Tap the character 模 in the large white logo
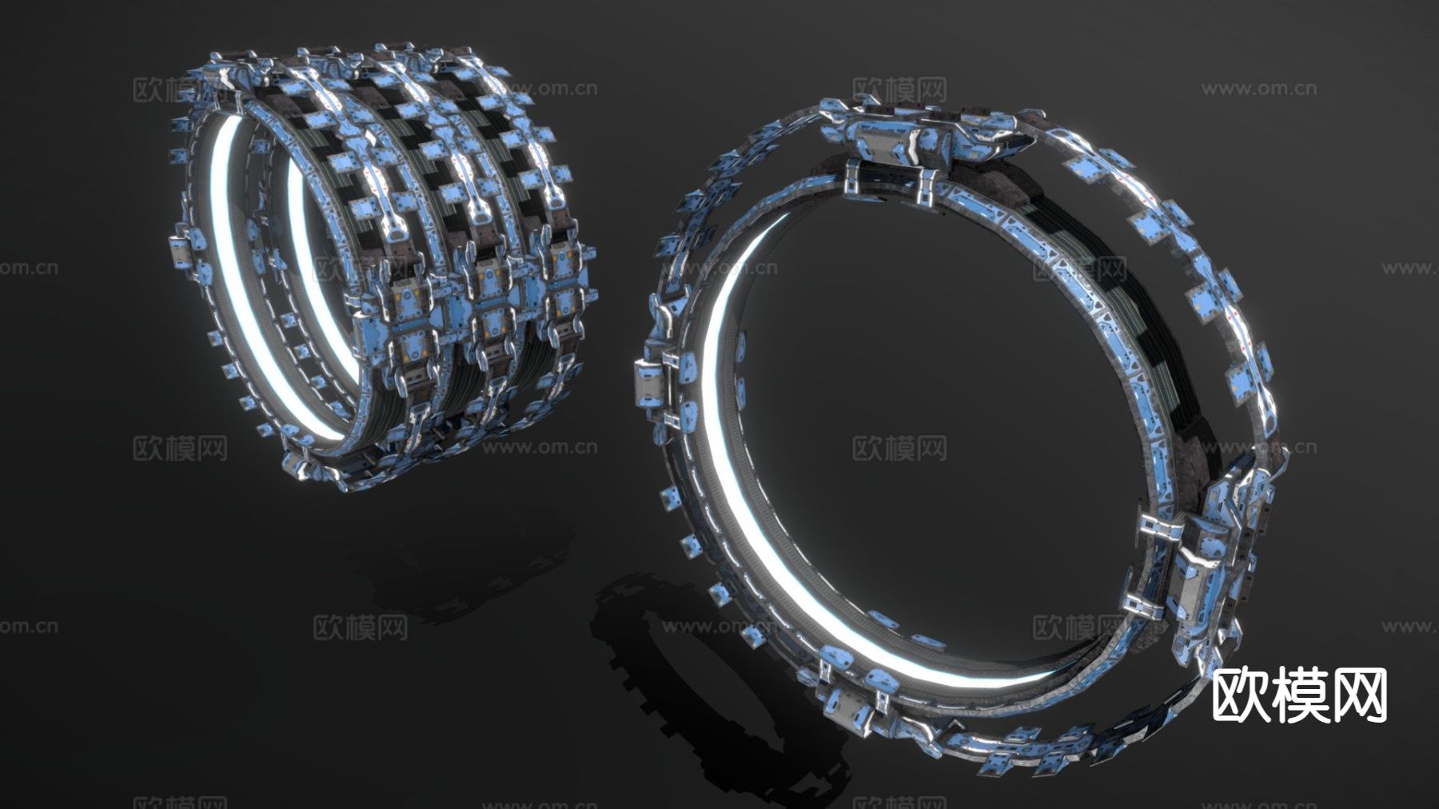[x=1299, y=695]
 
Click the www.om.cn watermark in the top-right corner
[x=1258, y=89]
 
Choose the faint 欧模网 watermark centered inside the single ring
[x=899, y=448]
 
